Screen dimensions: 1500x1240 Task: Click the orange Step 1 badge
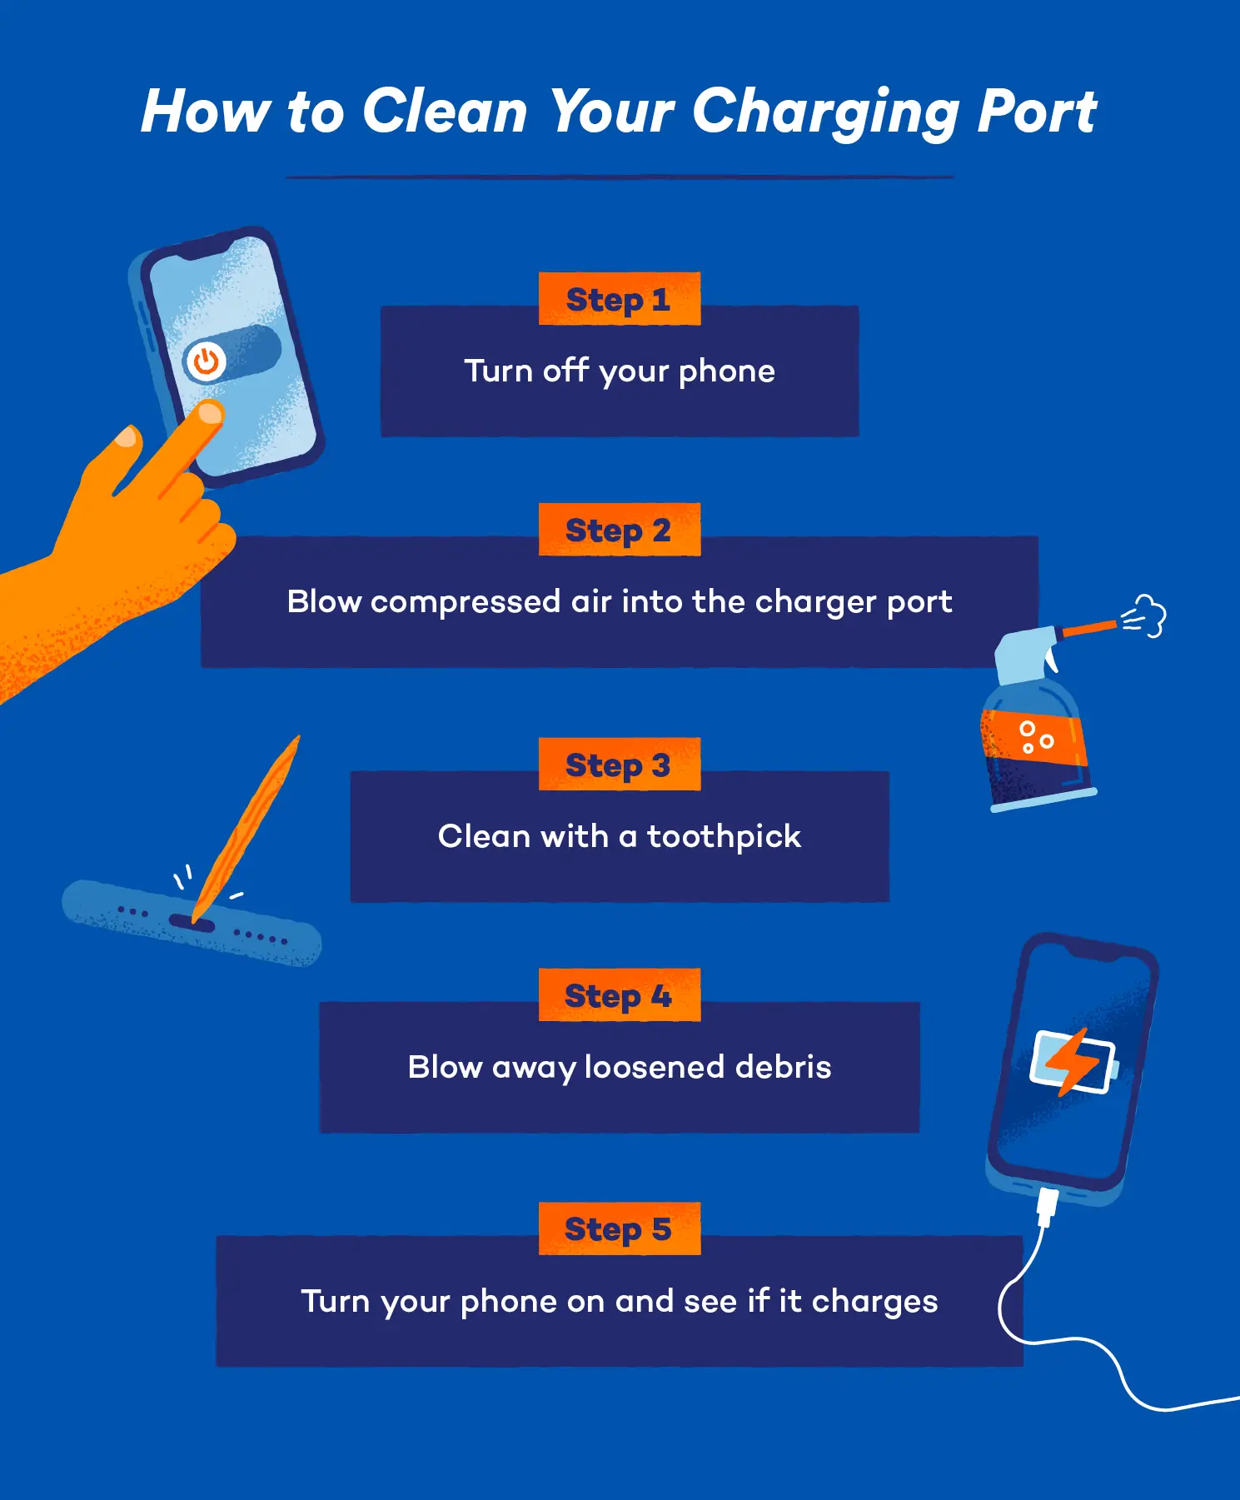click(x=619, y=299)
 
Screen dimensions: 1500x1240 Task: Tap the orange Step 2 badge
click(x=619, y=530)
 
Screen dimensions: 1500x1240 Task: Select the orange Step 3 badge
click(x=619, y=765)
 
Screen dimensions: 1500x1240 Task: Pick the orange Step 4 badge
click(x=619, y=995)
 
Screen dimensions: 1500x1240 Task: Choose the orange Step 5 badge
click(x=619, y=1228)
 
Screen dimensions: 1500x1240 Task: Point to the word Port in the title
click(x=1037, y=112)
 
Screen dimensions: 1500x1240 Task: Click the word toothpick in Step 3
click(x=724, y=837)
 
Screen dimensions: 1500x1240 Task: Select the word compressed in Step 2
click(x=465, y=601)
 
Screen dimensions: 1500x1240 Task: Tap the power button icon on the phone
click(x=205, y=361)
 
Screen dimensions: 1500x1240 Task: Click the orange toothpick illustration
click(x=248, y=825)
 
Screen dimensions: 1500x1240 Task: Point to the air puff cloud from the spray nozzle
click(x=1148, y=616)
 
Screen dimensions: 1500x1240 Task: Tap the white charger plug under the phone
click(x=1047, y=1207)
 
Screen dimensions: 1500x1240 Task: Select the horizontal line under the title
click(x=619, y=177)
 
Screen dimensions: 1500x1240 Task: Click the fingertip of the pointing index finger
click(x=209, y=413)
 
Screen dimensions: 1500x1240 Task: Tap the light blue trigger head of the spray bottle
click(x=1025, y=655)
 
